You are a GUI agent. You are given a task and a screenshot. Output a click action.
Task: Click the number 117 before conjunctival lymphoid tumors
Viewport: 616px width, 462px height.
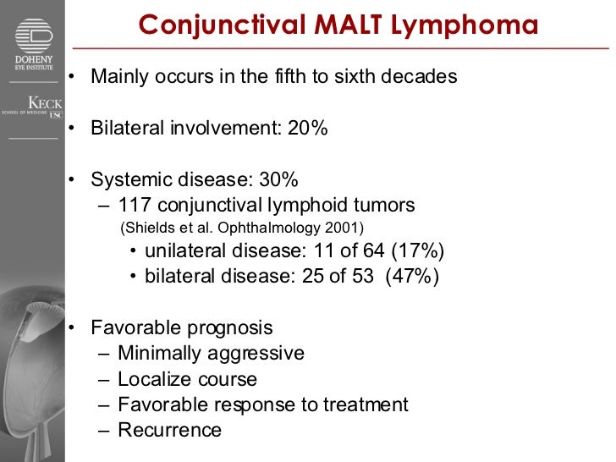135,206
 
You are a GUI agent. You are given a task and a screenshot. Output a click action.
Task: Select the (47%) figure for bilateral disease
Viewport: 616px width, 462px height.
412,277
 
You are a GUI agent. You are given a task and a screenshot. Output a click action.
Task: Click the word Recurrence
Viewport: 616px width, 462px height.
169,430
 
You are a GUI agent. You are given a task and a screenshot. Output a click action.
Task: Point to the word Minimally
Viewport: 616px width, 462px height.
164,354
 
